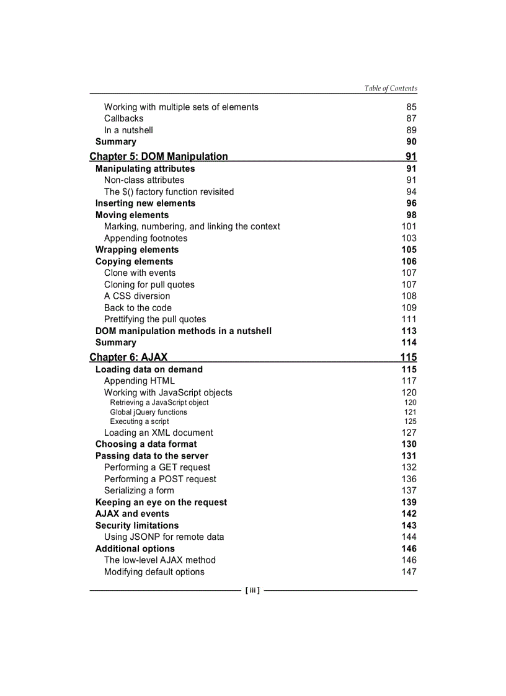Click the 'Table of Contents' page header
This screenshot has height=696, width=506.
391,89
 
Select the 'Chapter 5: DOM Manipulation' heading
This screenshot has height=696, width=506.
159,156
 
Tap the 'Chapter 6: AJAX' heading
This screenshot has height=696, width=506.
128,357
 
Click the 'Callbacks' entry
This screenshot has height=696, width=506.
123,118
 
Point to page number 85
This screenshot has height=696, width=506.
411,107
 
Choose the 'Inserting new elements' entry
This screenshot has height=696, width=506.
145,203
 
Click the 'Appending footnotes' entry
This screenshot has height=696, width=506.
146,238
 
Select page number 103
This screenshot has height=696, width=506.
409,238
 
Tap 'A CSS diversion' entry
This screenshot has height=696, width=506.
137,296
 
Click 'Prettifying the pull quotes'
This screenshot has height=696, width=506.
155,319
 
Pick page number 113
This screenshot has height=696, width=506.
409,331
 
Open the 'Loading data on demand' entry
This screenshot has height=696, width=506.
149,369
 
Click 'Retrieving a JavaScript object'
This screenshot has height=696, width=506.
159,403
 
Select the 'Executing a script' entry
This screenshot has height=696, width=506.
140,421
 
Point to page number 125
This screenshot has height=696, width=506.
411,421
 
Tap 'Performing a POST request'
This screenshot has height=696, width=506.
160,479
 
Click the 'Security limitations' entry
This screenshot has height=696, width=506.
137,526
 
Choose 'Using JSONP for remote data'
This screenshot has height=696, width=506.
164,537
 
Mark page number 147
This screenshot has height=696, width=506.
409,572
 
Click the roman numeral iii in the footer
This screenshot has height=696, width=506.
252,591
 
